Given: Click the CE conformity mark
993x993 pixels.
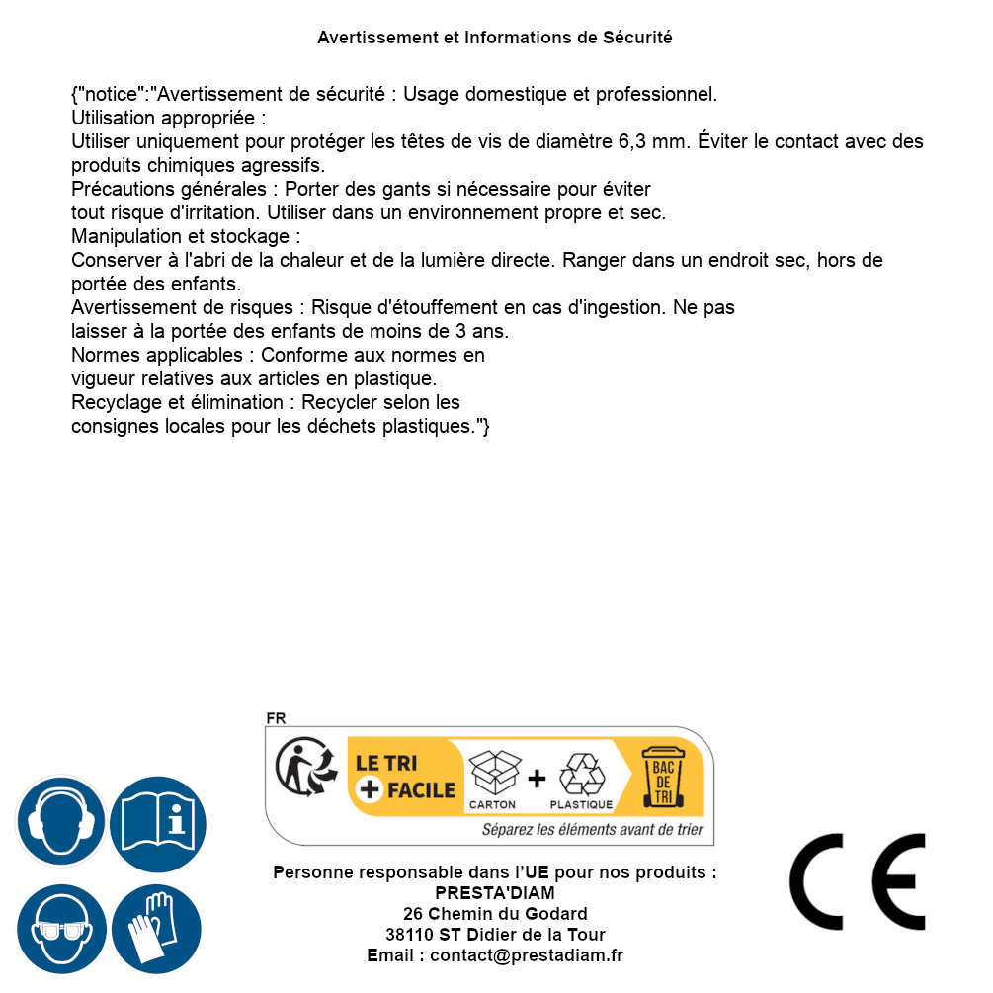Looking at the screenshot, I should (858, 882).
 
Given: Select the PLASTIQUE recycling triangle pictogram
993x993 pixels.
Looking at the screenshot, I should (581, 775).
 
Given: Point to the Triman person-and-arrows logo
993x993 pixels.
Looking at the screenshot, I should (303, 768).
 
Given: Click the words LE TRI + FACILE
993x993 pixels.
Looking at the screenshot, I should (406, 777).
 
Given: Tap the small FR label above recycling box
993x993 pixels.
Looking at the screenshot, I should (276, 718).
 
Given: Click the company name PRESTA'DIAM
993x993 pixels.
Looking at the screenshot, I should (495, 893).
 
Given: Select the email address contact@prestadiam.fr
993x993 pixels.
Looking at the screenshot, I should (527, 955).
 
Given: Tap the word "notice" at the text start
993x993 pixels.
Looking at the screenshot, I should (112, 95).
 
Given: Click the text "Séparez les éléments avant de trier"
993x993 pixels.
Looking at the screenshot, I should (593, 830).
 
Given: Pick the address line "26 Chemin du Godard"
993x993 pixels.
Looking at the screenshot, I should (495, 914).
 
